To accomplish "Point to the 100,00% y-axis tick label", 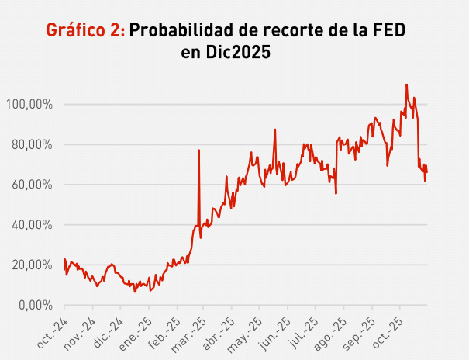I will tap(30, 104).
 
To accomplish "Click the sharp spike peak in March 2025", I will tap(199, 151).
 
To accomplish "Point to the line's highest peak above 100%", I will tap(406, 85).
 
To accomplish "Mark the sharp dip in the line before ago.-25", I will tap(336, 192).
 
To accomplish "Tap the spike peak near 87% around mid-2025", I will tap(275, 130).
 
